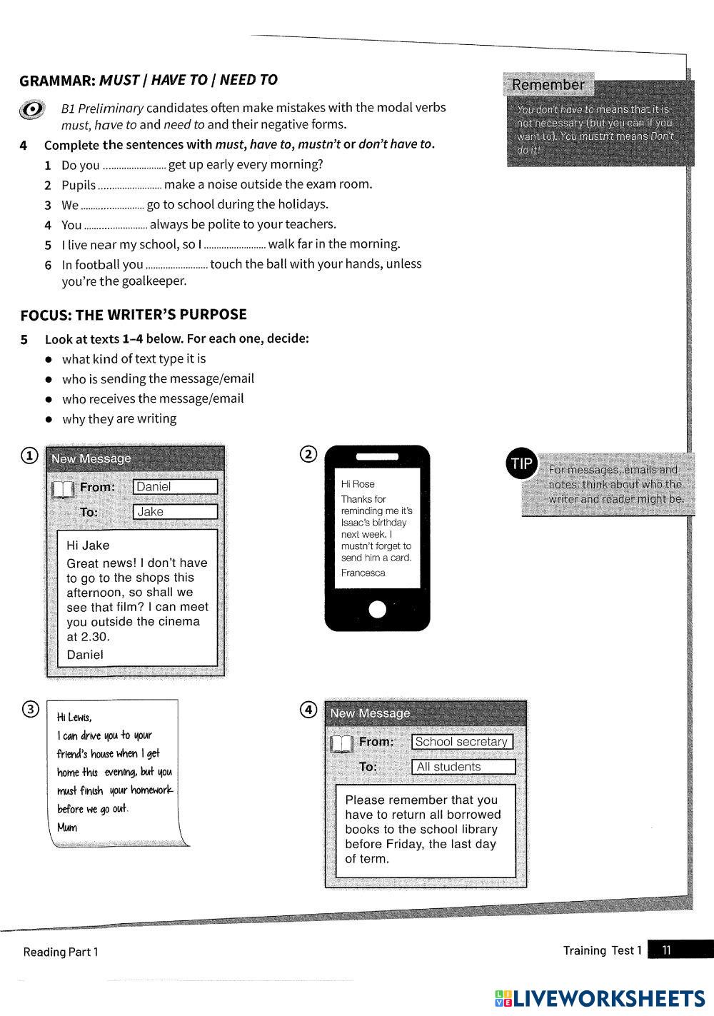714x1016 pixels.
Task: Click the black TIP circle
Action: [x=521, y=463]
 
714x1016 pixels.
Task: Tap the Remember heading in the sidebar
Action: [x=548, y=85]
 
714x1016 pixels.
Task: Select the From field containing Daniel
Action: [x=175, y=487]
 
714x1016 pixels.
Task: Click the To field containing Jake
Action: [x=175, y=512]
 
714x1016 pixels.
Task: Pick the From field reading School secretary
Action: [x=462, y=742]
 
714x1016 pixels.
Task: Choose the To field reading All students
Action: [x=463, y=767]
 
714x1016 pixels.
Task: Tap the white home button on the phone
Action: [x=377, y=609]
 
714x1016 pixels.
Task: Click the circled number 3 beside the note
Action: [x=31, y=709]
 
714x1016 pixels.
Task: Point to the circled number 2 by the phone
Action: [x=308, y=454]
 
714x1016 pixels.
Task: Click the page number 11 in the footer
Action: [x=666, y=950]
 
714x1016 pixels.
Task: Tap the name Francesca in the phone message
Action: [x=363, y=573]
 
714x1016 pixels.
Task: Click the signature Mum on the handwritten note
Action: [x=67, y=828]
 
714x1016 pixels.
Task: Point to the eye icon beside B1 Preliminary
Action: [x=32, y=109]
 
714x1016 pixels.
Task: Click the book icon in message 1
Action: [x=63, y=489]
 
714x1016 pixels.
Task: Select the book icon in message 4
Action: [x=341, y=744]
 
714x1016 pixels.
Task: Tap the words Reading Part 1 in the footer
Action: [x=61, y=952]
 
